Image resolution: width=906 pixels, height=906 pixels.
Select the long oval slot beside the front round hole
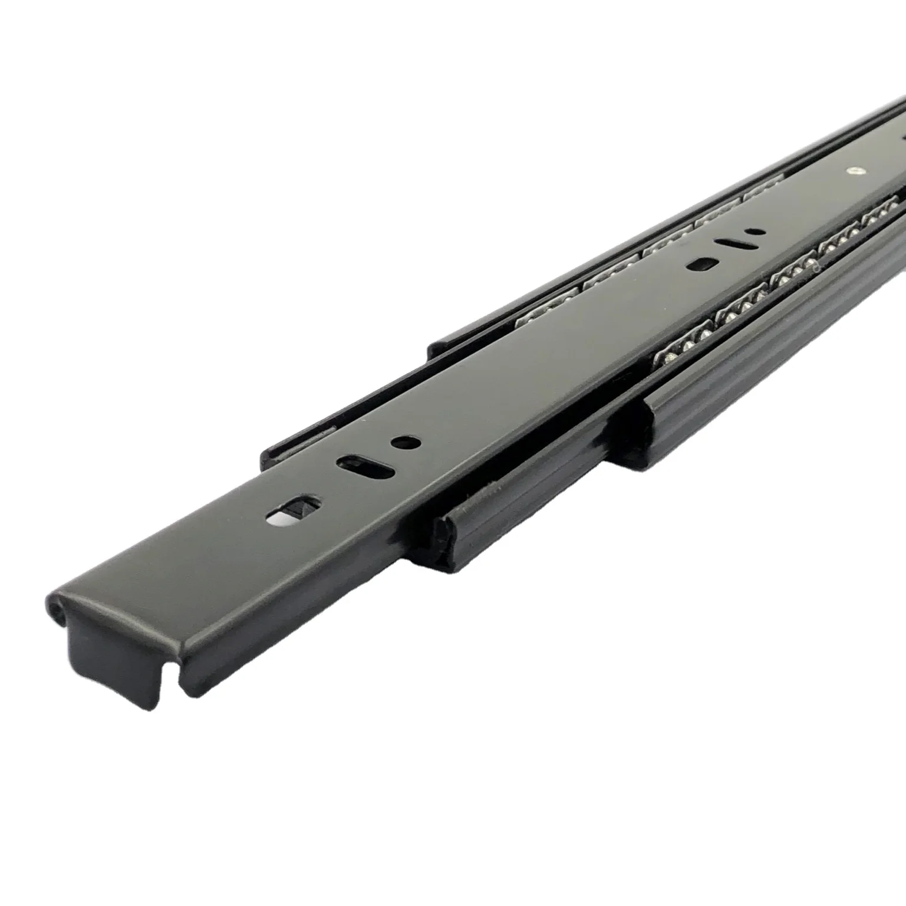(x=365, y=464)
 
